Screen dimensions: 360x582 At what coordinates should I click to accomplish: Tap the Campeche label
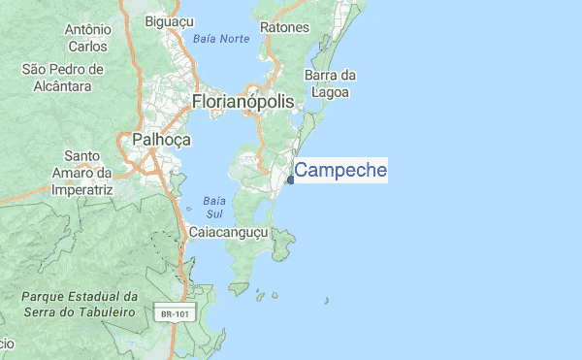340,172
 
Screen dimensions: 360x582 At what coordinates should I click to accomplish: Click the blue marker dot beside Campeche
290,180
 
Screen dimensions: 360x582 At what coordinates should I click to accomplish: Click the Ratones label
285,28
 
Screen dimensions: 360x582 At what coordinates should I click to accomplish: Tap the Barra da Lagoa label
332,83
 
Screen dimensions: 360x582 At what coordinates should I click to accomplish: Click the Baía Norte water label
221,39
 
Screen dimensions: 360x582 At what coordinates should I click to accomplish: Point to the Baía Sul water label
214,206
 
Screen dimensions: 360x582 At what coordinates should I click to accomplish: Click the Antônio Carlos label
87,38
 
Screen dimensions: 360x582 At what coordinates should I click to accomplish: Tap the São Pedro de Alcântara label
62,78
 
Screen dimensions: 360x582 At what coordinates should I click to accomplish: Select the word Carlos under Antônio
87,47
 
